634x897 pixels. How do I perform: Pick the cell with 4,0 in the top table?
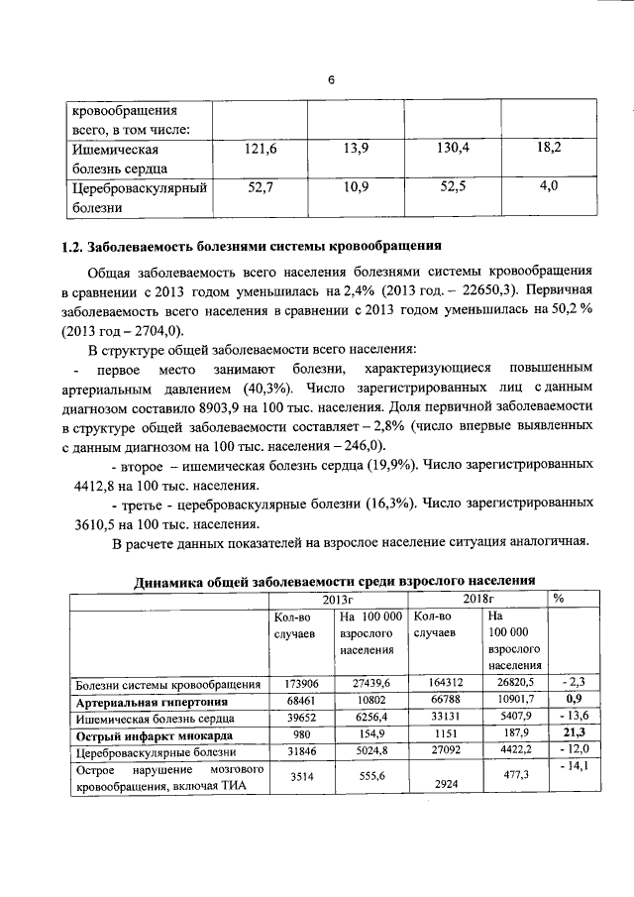(548, 185)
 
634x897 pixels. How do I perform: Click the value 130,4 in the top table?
(453, 148)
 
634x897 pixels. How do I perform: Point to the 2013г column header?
(338, 599)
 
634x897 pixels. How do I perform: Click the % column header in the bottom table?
(558, 599)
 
